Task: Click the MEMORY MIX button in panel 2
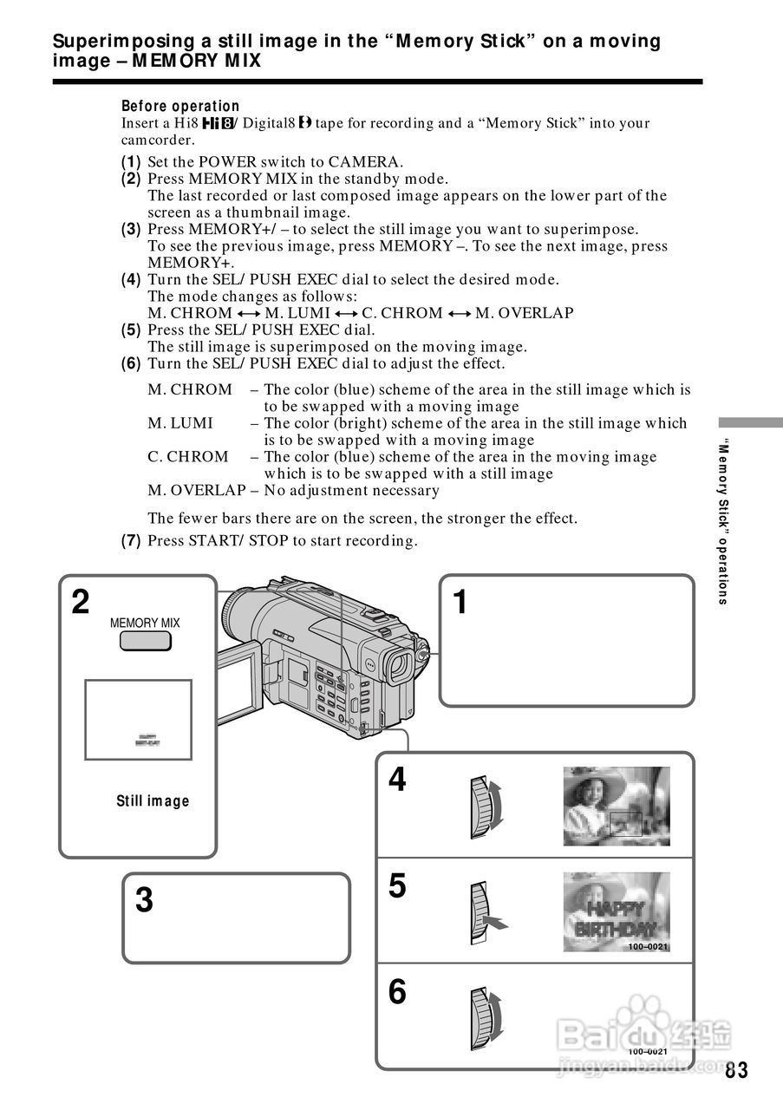(x=145, y=641)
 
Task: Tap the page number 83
(x=736, y=1070)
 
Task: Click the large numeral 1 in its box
(x=460, y=602)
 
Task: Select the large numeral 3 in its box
(x=144, y=901)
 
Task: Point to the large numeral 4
(x=396, y=780)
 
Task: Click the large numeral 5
(x=396, y=886)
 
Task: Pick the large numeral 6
(x=396, y=991)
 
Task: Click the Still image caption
(x=153, y=801)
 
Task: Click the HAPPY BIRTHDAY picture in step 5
(x=616, y=911)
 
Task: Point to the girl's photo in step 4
(x=616, y=806)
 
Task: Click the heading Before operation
(x=180, y=106)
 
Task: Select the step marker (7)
(x=131, y=541)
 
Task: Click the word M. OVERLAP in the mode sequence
(x=524, y=313)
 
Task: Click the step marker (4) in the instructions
(x=131, y=279)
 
